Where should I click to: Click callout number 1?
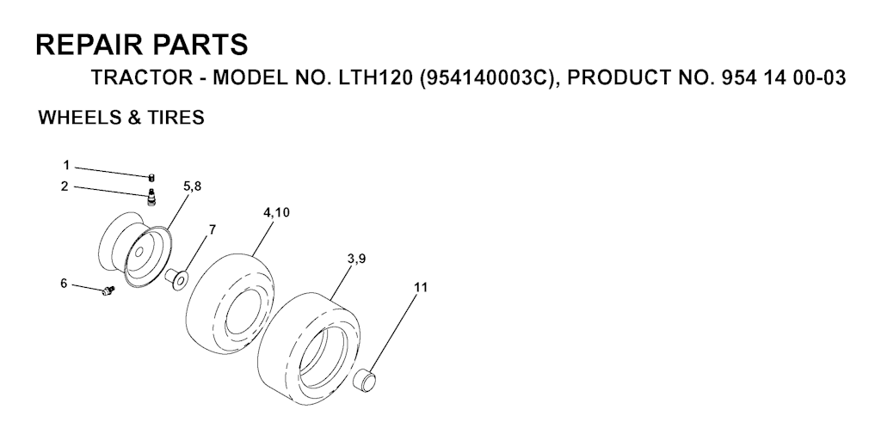66,166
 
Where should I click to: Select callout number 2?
65,186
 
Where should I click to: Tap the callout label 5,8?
192,186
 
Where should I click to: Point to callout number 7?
212,229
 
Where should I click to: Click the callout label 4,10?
276,213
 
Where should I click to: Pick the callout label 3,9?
357,259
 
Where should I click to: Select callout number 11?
421,287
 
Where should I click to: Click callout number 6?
64,284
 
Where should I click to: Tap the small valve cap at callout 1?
151,178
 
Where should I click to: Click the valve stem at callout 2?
151,199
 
